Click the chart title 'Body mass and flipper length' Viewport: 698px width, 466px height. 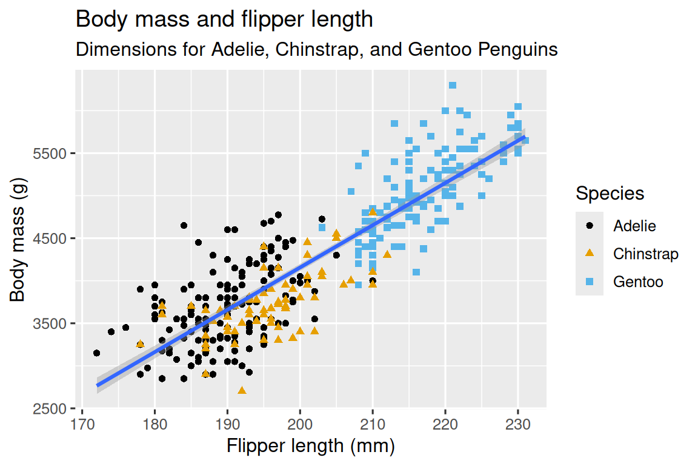(224, 20)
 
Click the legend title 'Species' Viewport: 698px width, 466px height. (610, 194)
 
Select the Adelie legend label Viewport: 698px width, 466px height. (634, 226)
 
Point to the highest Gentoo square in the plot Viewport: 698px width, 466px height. (453, 86)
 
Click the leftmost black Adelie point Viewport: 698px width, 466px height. (96, 353)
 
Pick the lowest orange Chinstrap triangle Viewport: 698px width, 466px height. (242, 390)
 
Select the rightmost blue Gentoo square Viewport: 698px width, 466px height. (525, 141)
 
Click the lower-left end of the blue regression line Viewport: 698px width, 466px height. (98, 385)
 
